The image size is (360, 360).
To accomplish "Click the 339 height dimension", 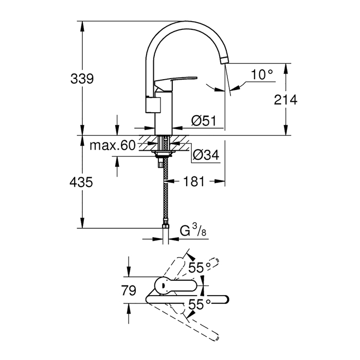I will (82, 79).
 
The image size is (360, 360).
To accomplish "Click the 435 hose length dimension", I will (82, 182).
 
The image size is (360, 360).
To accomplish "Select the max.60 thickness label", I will (112, 146).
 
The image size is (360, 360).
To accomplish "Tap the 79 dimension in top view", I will (129, 291).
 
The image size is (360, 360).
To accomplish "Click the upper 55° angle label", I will (200, 267).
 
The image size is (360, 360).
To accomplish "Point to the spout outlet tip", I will (224, 61).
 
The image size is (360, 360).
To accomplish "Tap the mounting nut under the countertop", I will (163, 153).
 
